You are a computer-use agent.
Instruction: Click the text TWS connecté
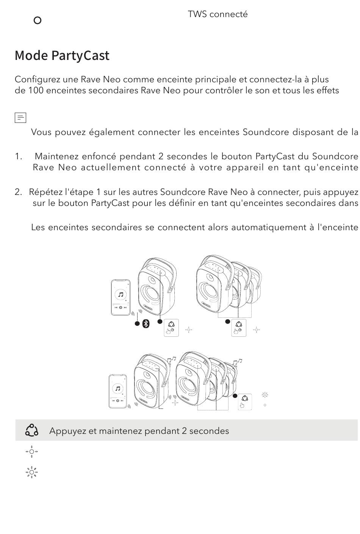(218, 14)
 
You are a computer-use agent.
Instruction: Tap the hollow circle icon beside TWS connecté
(38, 20)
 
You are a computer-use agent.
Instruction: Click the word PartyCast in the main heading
(80, 56)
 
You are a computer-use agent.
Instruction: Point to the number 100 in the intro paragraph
(36, 91)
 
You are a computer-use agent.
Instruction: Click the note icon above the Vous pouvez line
(20, 118)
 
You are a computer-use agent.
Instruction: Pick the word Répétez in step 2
(45, 192)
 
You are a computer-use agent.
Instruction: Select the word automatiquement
(269, 228)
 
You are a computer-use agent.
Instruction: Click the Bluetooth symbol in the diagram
(146, 324)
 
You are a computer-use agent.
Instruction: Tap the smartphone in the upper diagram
(121, 297)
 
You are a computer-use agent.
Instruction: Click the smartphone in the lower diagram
(118, 391)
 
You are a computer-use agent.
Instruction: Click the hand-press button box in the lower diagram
(245, 402)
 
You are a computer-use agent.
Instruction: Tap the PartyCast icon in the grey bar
(31, 430)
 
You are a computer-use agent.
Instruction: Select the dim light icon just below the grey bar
(31, 452)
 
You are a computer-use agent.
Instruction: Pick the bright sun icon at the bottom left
(31, 472)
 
